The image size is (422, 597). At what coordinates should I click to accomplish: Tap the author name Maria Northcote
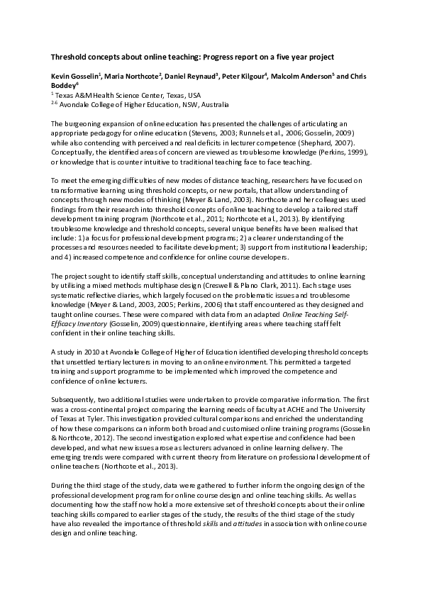tap(134, 77)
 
